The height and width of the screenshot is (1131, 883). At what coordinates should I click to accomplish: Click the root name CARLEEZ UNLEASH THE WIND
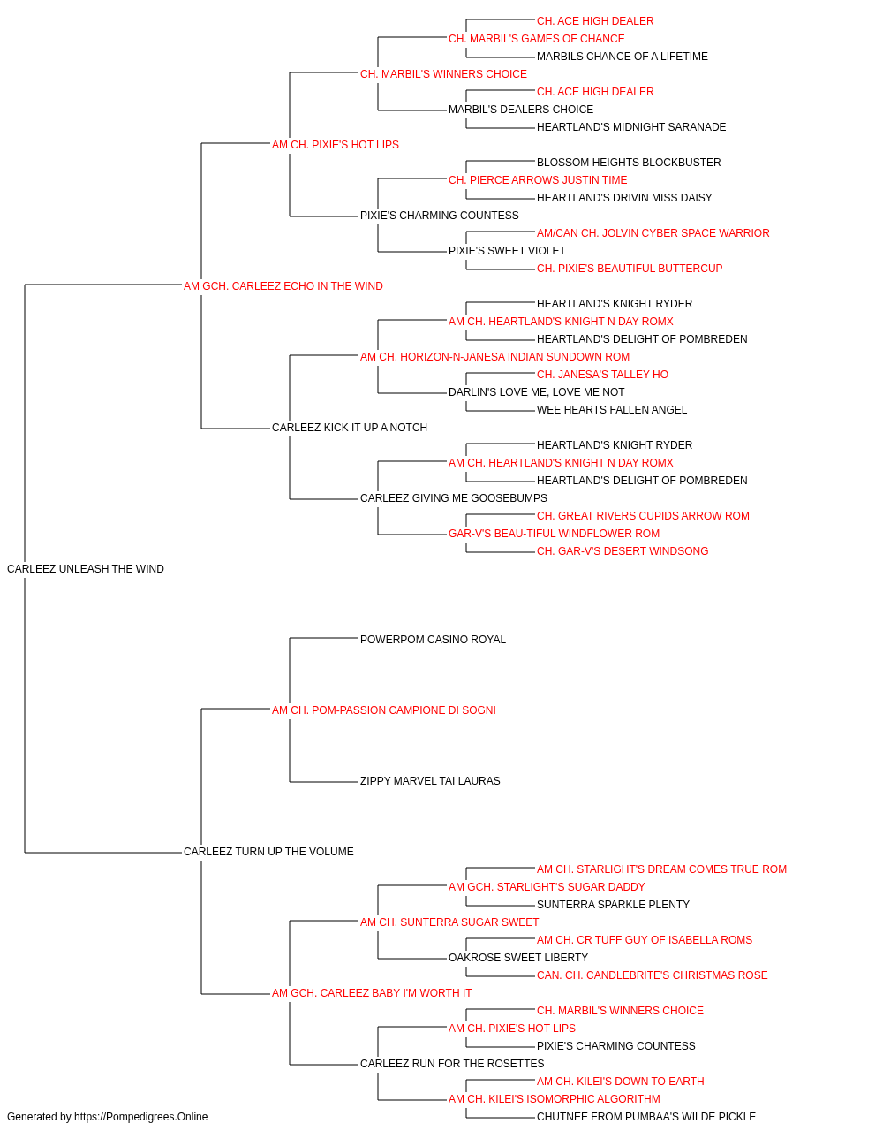coord(86,569)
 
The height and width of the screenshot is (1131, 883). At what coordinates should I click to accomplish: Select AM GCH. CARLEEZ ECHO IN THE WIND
coord(283,286)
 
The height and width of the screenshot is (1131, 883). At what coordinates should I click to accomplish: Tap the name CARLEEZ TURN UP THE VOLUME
coord(268,852)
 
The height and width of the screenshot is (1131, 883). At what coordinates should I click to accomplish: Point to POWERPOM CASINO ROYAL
coord(433,640)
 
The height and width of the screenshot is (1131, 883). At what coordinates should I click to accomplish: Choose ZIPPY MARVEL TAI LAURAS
coord(430,781)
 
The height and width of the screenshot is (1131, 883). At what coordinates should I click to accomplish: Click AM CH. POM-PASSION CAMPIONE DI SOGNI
coord(384,710)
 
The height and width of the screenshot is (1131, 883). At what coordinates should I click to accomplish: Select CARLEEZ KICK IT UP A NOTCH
coord(350,428)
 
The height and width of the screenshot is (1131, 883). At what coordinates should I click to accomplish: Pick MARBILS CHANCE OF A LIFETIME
coord(622,57)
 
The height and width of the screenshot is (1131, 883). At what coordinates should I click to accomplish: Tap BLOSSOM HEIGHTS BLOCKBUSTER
coord(629,163)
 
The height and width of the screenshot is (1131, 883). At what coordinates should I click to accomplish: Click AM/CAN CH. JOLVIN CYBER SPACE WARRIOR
coord(653,233)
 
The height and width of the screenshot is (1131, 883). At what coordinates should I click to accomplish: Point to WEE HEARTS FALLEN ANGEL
coord(612,410)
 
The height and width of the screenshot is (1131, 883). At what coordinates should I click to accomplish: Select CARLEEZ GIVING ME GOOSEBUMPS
coord(454,498)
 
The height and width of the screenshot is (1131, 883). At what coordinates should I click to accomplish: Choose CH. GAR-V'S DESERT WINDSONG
coord(623,551)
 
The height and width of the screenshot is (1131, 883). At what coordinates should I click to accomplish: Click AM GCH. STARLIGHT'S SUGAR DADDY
coord(547,887)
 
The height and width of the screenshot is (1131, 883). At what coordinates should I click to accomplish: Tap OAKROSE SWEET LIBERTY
coord(518,958)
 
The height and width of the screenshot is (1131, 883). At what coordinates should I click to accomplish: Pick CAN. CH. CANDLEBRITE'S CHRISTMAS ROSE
coord(653,975)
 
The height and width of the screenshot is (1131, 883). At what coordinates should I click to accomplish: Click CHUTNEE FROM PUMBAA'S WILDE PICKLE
coord(646,1117)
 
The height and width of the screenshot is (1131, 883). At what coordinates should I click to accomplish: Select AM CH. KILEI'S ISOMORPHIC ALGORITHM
coord(555,1099)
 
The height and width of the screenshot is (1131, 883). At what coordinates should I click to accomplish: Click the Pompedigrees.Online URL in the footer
coord(141,1117)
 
